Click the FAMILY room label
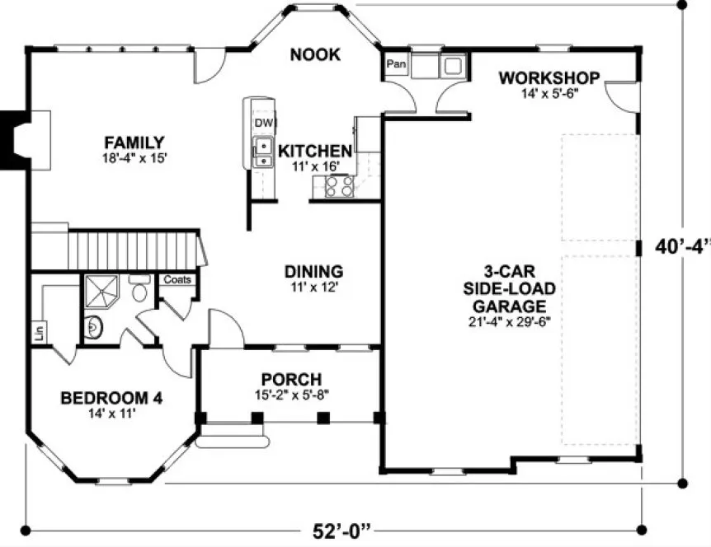134,142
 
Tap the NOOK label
315,55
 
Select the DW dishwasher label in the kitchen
263,124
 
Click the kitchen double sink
263,153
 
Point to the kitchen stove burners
339,187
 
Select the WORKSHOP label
549,78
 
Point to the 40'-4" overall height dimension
683,246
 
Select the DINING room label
313,271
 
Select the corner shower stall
103,292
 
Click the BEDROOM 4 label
111,398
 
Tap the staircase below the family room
132,248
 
